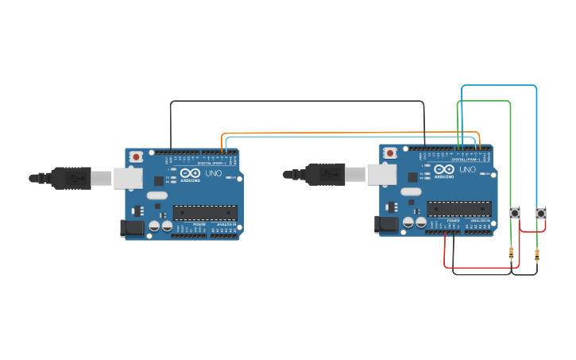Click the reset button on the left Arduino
pos(137,157)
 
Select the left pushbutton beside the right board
pos(515,213)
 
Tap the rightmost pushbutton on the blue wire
pos(541,213)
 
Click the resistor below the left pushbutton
pos(511,254)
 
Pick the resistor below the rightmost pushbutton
pos(537,256)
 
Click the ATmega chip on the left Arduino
pos(205,212)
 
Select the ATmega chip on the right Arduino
pos(458,208)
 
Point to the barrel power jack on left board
pos(132,229)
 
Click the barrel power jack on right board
pos(386,225)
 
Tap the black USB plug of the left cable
pos(71,179)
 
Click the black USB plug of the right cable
pos(324,174)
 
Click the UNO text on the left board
pos(213,173)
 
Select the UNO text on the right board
pos(467,169)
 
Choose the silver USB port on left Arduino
pos(127,178)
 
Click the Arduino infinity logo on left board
pos(191,172)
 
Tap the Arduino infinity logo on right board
pos(444,168)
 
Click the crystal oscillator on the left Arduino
pos(157,195)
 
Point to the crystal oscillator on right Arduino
pos(410,192)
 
